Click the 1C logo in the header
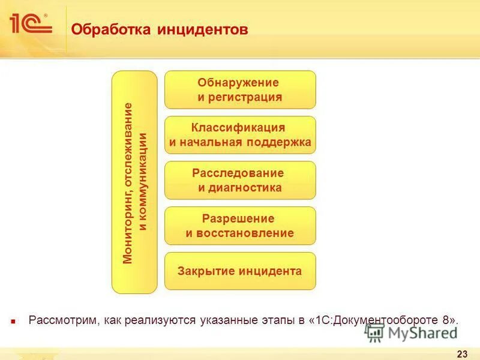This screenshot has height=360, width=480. [30, 23]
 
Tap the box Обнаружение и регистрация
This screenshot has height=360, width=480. [240, 89]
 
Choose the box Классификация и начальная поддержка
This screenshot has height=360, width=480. [240, 135]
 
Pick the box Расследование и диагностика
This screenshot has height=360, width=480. [240, 180]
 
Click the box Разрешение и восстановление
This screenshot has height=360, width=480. [240, 226]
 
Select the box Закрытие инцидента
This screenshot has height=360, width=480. [240, 271]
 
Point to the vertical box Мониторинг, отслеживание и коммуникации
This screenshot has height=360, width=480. [135, 182]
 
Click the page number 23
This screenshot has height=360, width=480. [462, 353]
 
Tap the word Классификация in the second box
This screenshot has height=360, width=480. [238, 128]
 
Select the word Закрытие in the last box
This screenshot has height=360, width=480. [205, 271]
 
